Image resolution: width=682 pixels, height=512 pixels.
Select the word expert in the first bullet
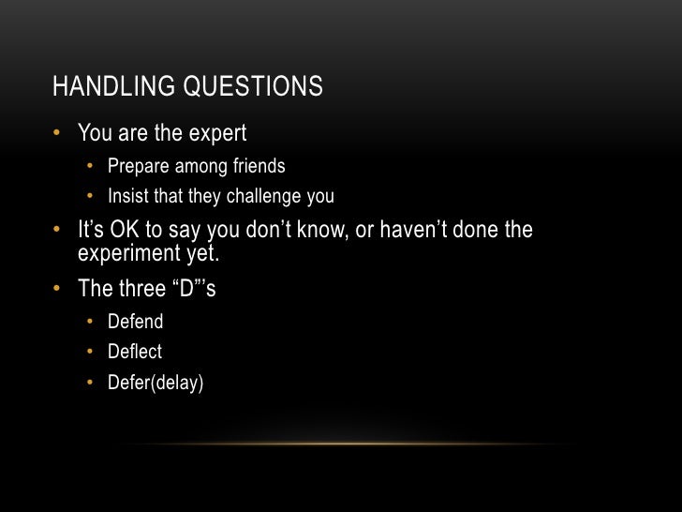click(215, 135)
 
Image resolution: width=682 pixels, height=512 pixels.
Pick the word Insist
click(127, 197)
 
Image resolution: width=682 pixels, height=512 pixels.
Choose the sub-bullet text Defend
click(135, 322)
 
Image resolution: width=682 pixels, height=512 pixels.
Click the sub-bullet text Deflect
click(135, 352)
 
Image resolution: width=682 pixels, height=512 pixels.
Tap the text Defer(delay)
click(155, 383)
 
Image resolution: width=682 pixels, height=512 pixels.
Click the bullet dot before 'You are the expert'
click(57, 134)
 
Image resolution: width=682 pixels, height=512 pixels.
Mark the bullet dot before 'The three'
click(57, 288)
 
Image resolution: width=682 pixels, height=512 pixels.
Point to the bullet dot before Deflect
click(91, 353)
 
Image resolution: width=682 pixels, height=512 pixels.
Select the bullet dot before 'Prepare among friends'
click(91, 167)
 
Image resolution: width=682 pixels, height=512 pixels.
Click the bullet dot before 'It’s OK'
click(57, 230)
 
